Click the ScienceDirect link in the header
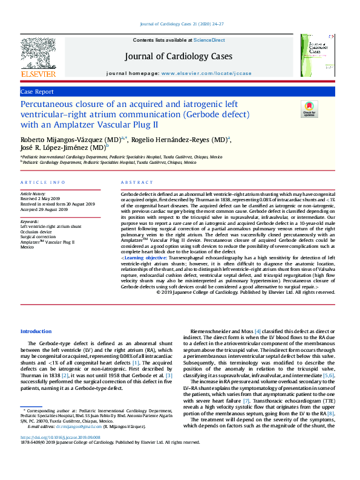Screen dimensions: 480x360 tap(209, 40)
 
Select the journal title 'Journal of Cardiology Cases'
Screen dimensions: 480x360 tap(178, 56)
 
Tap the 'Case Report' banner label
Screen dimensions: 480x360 tap(37, 91)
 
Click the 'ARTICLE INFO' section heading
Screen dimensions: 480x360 tap(42, 182)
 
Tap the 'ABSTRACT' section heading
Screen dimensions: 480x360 tap(136, 182)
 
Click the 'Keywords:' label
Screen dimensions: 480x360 tap(30, 222)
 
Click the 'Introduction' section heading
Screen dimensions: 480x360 tap(36, 331)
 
